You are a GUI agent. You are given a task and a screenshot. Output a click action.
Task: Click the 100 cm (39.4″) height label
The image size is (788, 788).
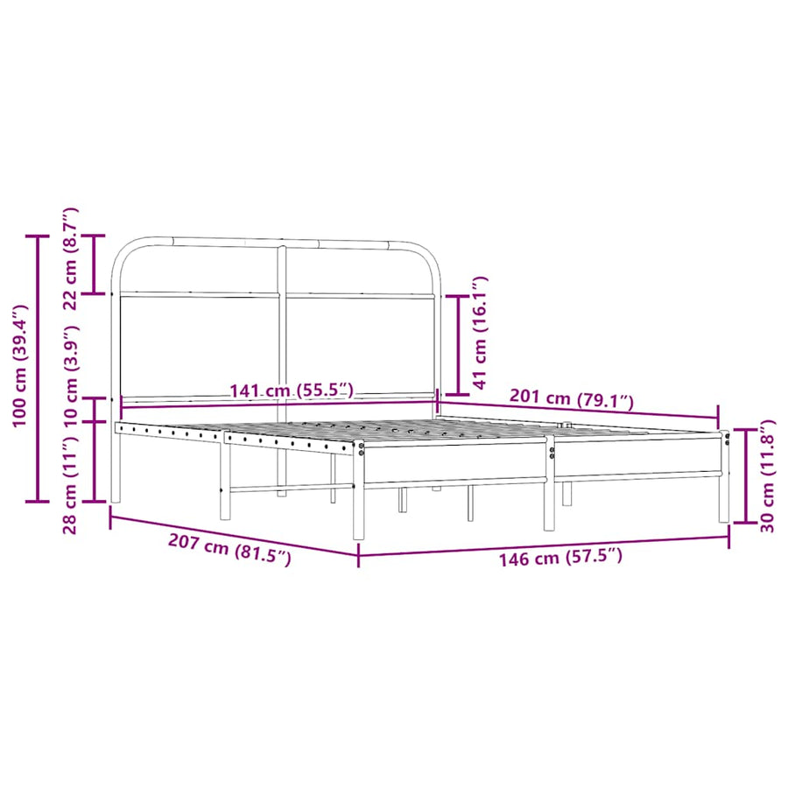coord(20,365)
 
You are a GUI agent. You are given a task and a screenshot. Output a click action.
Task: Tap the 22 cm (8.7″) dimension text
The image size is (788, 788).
coord(70,258)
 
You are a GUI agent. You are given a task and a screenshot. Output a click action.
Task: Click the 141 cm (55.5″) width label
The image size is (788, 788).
coord(292,390)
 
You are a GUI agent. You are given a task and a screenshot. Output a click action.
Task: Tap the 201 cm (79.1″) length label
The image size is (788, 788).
coord(572,398)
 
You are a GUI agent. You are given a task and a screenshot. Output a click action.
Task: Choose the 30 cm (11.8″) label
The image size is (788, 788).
coord(767,476)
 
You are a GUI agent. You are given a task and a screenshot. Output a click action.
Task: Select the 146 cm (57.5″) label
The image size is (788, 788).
coord(559,556)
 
